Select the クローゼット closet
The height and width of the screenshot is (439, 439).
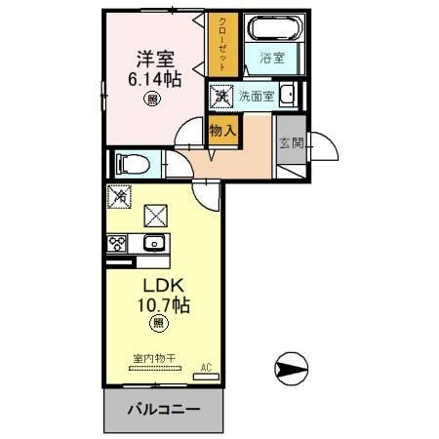[x=221, y=44]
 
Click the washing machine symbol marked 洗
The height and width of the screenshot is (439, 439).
[x=221, y=96]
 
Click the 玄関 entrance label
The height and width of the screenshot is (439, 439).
[x=291, y=143]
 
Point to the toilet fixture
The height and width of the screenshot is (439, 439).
[x=131, y=161]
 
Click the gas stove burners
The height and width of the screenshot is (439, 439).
[x=118, y=243]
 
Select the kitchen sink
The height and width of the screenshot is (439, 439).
[x=153, y=243]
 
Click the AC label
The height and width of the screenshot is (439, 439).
[x=206, y=368]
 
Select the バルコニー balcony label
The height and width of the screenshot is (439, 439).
[x=163, y=409]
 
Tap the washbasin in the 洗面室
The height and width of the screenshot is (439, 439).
[x=288, y=95]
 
